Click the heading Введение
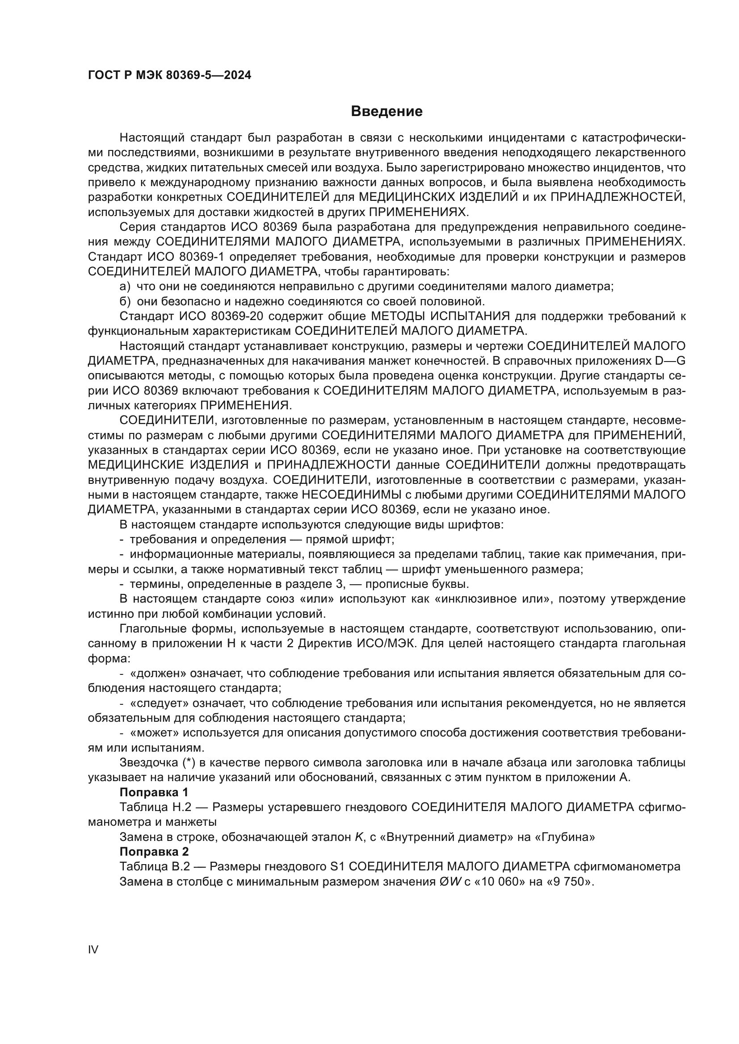coord(386,112)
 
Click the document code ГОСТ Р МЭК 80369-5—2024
coord(169,75)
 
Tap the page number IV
coord(93,949)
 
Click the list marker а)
coord(125,287)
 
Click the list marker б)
coord(125,301)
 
